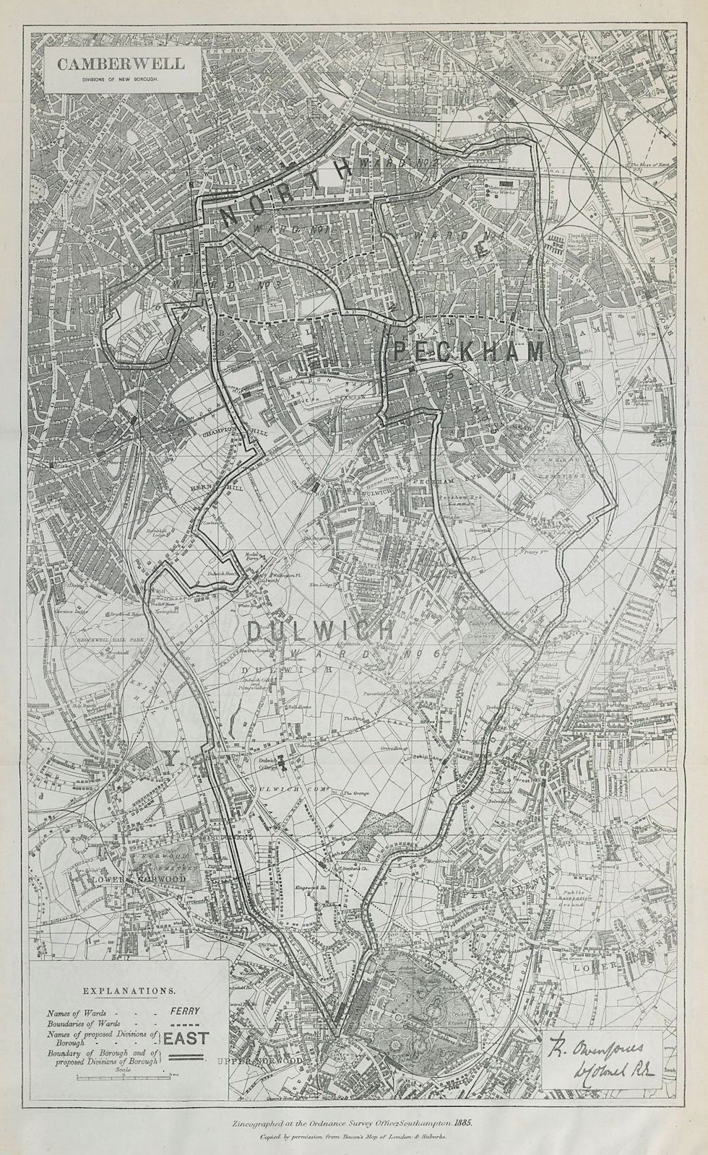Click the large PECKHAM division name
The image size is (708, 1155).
467,352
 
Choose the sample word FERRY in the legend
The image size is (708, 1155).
185,1011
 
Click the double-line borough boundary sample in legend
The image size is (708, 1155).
185,1055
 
